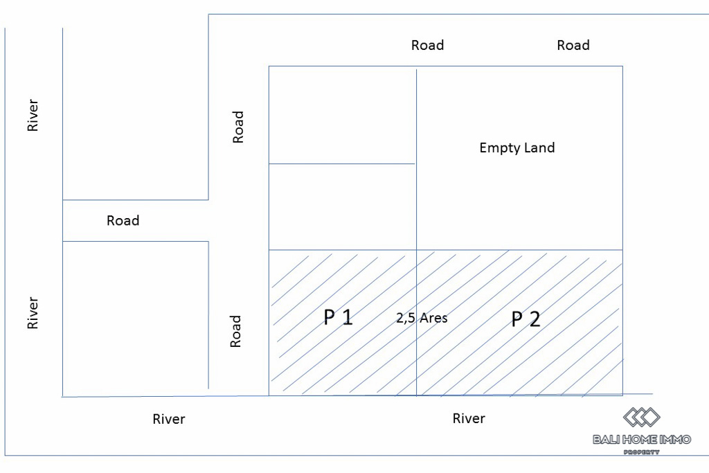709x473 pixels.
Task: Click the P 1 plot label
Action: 339,317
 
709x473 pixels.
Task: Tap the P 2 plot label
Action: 526,319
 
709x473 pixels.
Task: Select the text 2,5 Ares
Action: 422,318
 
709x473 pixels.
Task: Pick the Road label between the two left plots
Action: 123,220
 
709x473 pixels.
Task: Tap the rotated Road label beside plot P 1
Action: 236,331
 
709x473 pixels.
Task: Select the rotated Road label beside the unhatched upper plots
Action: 238,127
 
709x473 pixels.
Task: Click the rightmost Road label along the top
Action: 573,45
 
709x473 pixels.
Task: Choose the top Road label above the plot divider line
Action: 427,45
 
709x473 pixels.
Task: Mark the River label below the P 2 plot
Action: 469,418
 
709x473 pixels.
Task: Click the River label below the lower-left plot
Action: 169,419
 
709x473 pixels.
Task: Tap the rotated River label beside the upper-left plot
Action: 33,116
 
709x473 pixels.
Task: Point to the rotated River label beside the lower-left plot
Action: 33,313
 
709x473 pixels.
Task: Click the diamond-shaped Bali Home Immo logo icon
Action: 642,417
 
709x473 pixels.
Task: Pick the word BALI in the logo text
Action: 607,439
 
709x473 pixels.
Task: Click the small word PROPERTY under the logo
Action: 642,452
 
